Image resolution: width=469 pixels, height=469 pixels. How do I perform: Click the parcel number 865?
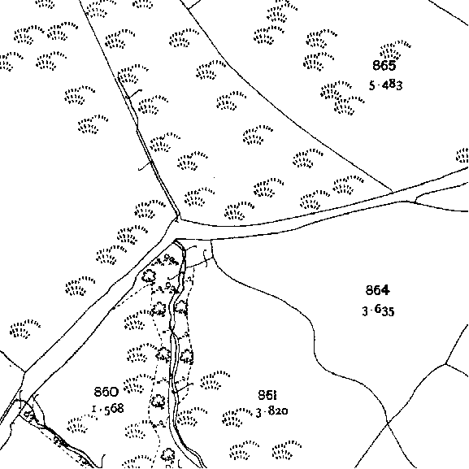384,65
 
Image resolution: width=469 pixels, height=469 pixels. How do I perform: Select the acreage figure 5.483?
385,85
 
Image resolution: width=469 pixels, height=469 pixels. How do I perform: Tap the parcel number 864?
377,290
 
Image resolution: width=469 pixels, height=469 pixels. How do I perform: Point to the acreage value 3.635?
378,310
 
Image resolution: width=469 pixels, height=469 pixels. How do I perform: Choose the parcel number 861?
267,395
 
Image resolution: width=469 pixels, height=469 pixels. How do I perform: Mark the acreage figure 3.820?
271,411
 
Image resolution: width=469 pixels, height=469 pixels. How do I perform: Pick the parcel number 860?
106,392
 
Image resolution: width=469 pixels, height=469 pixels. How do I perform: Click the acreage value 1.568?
107,409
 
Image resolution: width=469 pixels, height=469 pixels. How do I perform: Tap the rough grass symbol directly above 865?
395,50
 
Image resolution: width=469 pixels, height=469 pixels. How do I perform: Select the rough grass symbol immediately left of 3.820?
237,417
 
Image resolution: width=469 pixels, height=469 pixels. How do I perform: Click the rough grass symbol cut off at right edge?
462,155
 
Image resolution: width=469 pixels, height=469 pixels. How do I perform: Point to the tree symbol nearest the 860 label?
158,402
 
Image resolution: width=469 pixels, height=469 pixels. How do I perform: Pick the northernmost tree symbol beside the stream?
149,276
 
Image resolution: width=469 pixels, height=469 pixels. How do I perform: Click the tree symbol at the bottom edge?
168,455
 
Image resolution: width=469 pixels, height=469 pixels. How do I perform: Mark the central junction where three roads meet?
177,230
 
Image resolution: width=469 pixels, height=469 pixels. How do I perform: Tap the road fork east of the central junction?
415,202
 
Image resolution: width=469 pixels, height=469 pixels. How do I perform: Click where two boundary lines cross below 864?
388,423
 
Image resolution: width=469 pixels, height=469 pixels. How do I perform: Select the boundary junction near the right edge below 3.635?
445,363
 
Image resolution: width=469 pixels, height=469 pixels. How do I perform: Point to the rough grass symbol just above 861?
215,380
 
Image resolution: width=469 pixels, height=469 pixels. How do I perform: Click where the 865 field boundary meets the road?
392,192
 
